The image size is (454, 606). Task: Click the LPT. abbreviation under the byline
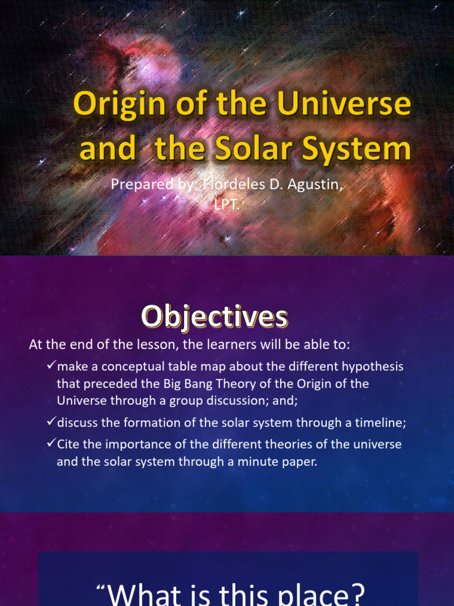click(227, 203)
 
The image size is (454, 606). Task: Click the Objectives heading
click(214, 317)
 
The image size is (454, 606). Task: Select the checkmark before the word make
click(51, 366)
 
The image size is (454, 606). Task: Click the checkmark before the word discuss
click(51, 422)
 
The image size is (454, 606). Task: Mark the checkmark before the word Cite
click(51, 443)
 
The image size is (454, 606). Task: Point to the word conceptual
click(131, 366)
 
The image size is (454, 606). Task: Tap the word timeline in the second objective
click(380, 423)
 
